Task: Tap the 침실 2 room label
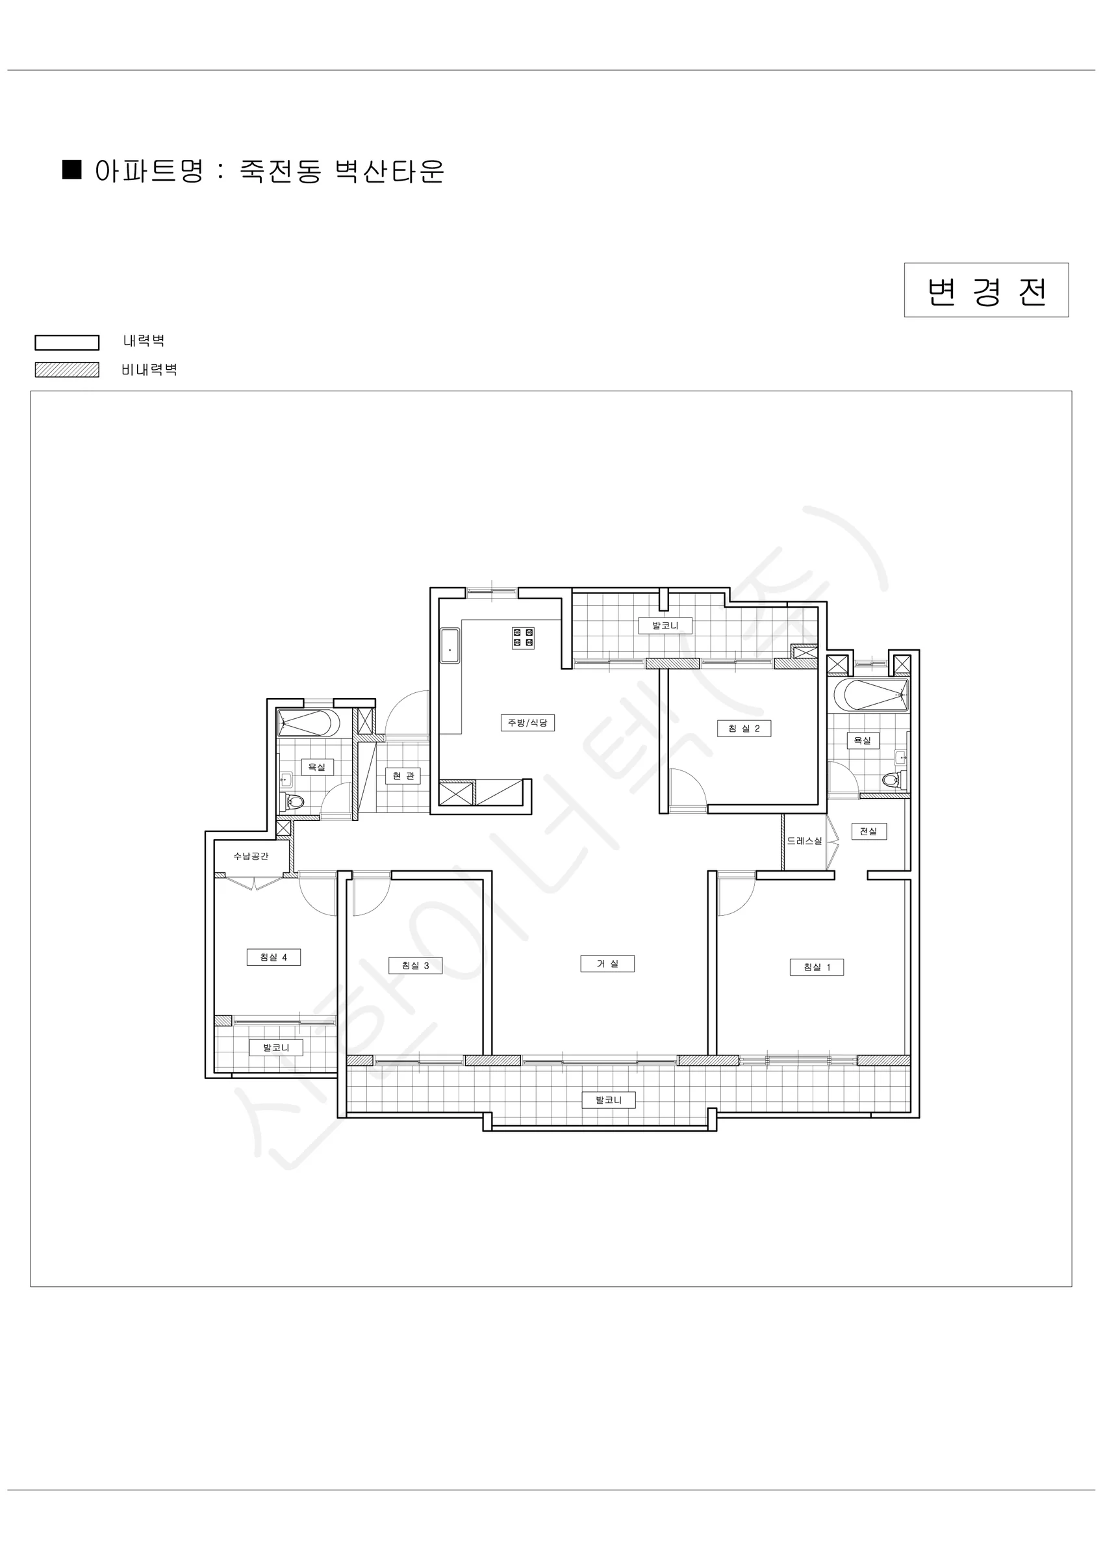[744, 729]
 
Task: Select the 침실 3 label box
[415, 965]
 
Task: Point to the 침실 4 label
[273, 957]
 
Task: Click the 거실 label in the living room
[607, 963]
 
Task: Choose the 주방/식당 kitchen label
[527, 722]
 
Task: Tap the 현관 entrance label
[403, 776]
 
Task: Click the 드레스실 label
[804, 841]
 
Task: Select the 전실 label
[868, 831]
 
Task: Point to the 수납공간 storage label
[251, 856]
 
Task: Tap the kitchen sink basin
[450, 645]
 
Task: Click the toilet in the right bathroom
[891, 780]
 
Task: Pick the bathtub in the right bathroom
[870, 694]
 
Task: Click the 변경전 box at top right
[986, 290]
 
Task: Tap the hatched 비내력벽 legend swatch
[66, 370]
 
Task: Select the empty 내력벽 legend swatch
[66, 343]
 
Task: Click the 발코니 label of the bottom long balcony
[609, 1099]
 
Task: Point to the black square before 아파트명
[72, 169]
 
